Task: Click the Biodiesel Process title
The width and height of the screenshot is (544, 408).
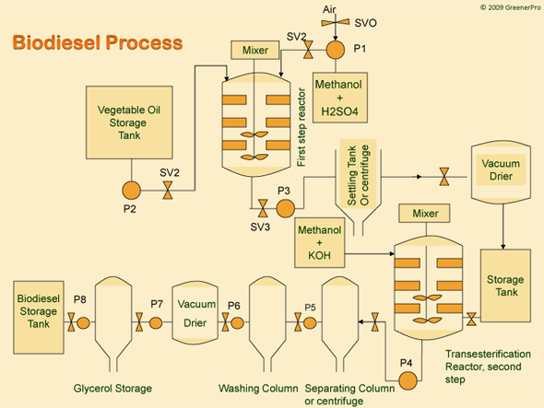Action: (x=97, y=43)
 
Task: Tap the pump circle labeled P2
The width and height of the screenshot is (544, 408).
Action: (x=131, y=191)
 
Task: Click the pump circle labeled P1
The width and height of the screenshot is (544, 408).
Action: (x=335, y=49)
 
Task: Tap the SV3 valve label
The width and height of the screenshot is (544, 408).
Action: (x=261, y=226)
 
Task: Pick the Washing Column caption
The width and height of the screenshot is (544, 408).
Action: (x=258, y=388)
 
